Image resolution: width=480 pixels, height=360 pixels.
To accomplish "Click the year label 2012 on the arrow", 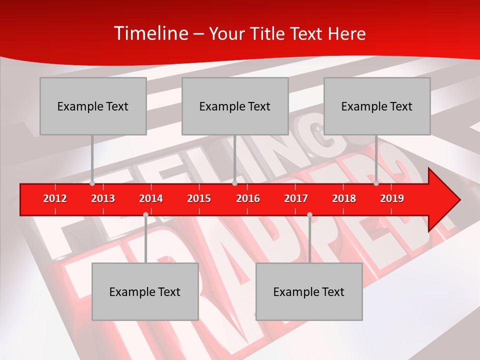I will point(55,198).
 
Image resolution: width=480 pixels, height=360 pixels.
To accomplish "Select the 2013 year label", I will point(103,198).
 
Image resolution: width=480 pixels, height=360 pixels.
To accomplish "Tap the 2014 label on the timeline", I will point(151,198).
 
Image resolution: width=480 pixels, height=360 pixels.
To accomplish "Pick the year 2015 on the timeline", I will point(199,198).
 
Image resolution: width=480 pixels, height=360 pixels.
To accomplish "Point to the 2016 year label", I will point(248,198).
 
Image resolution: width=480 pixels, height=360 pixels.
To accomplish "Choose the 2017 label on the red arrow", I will point(296,198).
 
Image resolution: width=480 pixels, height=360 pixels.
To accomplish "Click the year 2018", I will point(344,198).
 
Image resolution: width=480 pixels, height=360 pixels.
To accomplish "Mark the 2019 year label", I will point(392,198).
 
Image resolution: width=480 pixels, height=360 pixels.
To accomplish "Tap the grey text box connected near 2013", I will point(93,106).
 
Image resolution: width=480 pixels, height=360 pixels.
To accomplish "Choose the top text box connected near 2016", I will point(235,106).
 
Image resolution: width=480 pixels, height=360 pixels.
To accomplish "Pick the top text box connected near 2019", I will point(377,106).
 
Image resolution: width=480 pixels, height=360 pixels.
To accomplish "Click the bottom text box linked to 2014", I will point(145,291).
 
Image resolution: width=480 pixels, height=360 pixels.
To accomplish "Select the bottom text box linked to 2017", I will point(309,291).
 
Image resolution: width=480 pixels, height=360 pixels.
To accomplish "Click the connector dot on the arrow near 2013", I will point(92,183).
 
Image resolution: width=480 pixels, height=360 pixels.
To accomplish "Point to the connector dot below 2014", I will point(145,214).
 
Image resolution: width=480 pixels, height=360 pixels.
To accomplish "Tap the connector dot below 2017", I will point(309,214).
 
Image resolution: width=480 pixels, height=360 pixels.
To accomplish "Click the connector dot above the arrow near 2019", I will point(376,183).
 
